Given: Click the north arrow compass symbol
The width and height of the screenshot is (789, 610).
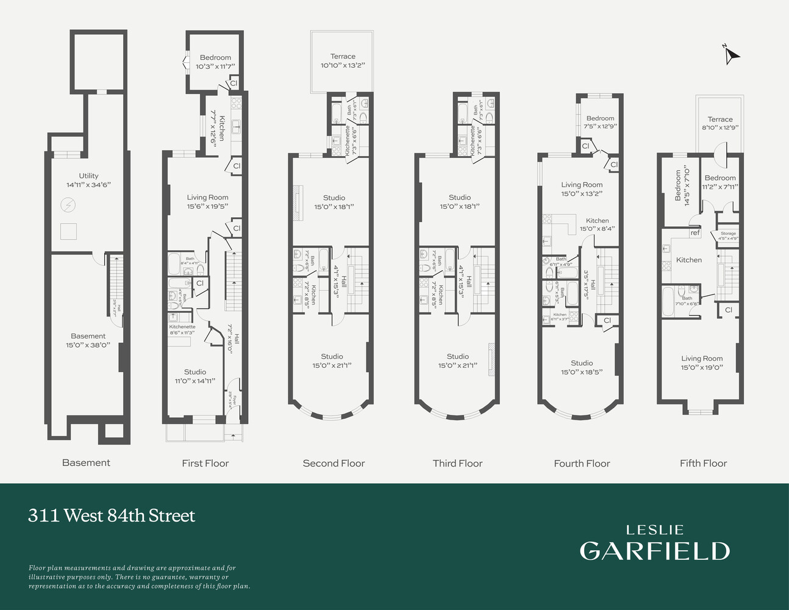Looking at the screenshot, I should tap(731, 56).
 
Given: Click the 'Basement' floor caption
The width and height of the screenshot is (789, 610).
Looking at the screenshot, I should tap(86, 463).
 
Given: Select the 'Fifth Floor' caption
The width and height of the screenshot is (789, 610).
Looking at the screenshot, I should tap(703, 464).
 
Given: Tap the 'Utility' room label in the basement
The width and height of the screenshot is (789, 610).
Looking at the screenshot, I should tap(88, 176).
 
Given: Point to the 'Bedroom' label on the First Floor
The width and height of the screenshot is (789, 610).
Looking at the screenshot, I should tap(215, 58).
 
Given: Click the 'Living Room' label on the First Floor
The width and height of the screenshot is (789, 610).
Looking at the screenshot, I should tap(207, 198).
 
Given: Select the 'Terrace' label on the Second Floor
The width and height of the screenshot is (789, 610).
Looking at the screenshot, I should tap(343, 57).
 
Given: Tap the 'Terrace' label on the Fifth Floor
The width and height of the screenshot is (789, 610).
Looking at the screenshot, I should tap(720, 120).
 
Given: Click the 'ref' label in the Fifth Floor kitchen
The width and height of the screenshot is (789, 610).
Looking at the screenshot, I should tap(694, 233).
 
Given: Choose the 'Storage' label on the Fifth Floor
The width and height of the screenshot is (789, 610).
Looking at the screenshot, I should tap(728, 234).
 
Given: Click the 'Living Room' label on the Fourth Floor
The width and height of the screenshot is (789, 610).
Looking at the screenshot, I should tap(582, 185).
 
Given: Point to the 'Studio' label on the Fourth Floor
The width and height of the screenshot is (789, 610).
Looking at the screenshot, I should tap(582, 363).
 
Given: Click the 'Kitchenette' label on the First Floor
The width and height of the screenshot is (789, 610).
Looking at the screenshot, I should tap(182, 327).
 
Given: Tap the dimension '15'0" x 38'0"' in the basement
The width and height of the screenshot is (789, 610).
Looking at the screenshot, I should tap(88, 345).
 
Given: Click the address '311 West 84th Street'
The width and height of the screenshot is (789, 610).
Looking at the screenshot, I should tap(112, 516).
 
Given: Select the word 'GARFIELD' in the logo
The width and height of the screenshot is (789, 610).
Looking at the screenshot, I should tap(654, 551).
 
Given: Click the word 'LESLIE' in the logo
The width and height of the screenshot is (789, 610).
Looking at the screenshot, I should tap(655, 530).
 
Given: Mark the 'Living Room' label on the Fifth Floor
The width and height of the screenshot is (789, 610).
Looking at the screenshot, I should tap(702, 359).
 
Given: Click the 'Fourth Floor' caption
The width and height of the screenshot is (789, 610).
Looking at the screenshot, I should tap(582, 464).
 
